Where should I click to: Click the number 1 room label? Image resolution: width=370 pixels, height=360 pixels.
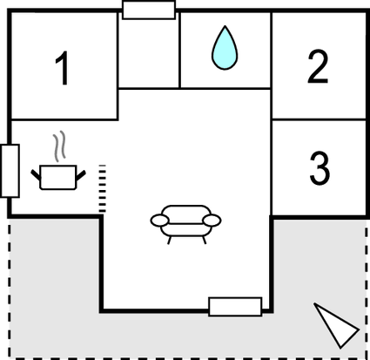63,68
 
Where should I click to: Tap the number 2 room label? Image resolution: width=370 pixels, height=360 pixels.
318,66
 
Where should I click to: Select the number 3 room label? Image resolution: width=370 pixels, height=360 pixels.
320,168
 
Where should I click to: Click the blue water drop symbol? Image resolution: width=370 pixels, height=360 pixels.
225,48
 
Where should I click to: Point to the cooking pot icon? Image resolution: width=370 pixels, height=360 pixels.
58,177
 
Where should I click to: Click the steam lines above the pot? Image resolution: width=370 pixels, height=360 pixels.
59,146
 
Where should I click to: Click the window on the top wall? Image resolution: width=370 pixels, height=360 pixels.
149,10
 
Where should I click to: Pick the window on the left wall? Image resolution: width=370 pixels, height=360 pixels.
10,171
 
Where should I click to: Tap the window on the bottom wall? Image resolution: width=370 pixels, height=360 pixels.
235,307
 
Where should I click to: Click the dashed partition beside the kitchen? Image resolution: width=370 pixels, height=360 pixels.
103,188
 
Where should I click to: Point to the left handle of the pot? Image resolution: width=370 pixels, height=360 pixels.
36,175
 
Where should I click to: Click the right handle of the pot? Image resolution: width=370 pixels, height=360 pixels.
81,175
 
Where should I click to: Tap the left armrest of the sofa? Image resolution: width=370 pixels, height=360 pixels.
159,221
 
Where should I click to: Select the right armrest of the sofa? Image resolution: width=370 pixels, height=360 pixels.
212,221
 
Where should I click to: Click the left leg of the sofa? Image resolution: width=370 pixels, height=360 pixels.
170,241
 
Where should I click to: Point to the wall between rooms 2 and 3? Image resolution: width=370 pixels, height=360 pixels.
319,119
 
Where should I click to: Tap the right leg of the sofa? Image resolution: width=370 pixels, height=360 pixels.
205,241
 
